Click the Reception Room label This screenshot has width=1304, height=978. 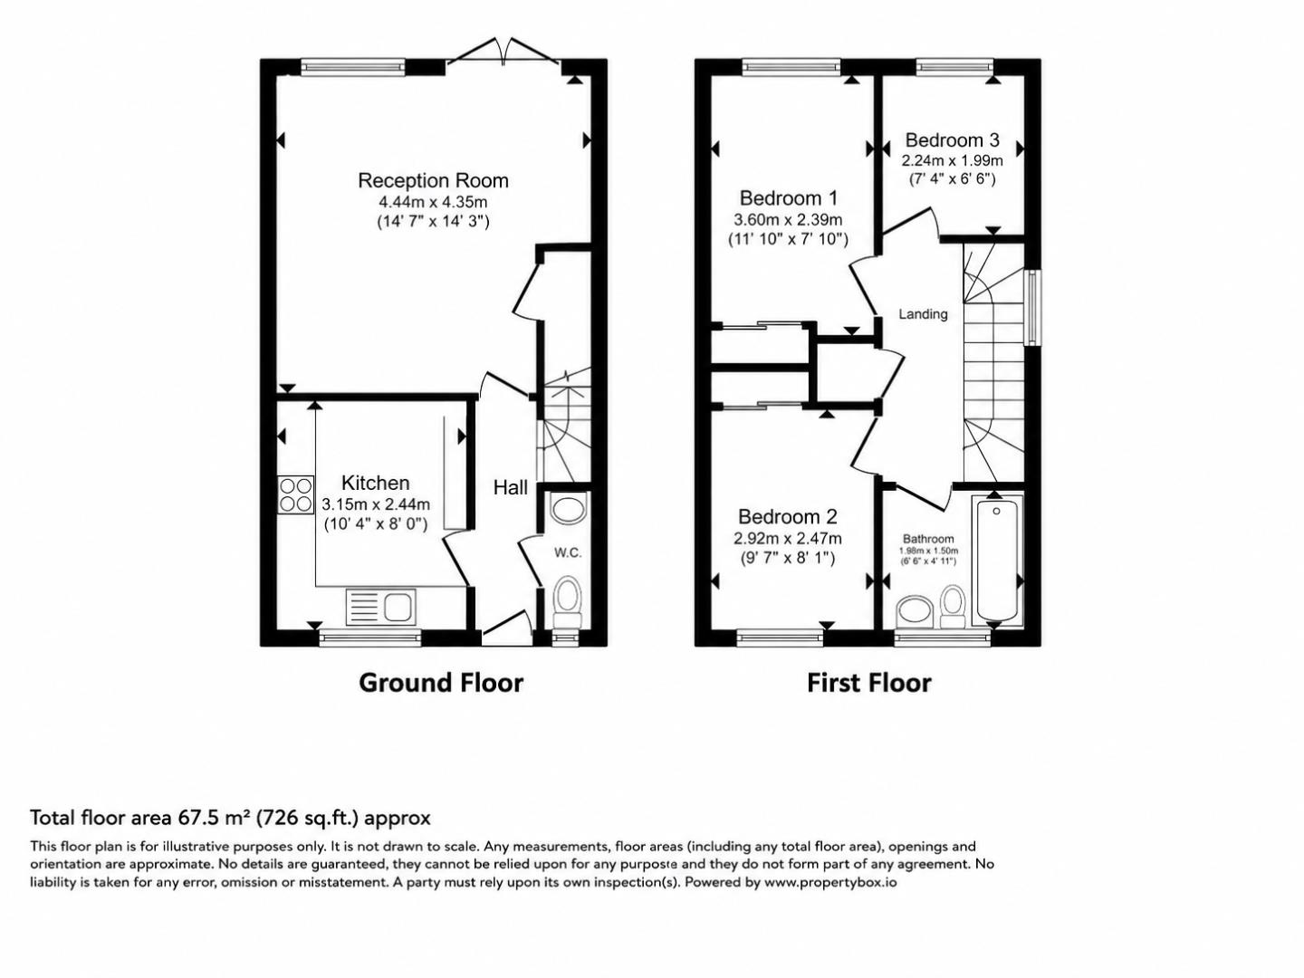433,180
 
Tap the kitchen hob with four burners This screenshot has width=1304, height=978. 296,494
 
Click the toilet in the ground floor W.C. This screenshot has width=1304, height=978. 568,602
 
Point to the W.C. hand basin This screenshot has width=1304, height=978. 569,508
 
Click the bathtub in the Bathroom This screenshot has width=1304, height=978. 997,561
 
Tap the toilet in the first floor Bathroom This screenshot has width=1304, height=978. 954,607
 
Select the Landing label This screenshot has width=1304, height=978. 923,313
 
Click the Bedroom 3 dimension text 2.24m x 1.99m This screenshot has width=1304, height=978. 953,160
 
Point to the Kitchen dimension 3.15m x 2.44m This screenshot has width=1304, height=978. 376,504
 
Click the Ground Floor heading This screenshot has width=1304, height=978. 441,683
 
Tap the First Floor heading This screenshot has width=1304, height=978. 868,683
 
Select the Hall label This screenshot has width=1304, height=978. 511,487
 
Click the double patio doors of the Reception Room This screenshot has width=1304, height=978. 503,52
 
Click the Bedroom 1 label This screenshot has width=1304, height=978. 789,197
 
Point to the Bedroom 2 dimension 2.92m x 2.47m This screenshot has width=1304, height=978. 788,539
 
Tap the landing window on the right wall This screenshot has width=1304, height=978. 1034,308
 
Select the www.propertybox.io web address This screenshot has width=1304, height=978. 829,882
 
